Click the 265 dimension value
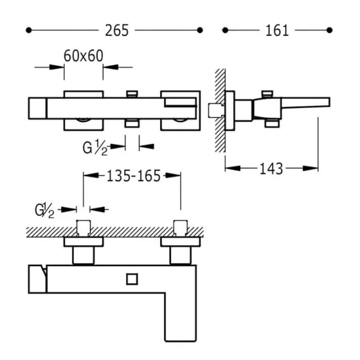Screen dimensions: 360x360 [117, 30]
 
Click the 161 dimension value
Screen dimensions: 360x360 [277, 30]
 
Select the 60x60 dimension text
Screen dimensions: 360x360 [83, 56]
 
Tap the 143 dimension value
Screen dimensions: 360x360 [271, 169]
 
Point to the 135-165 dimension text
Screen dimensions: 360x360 [133, 176]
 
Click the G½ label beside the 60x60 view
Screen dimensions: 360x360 [95, 148]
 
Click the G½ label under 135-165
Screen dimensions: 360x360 [44, 210]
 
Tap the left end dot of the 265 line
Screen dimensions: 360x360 [28, 30]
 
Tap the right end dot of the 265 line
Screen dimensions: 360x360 [200, 30]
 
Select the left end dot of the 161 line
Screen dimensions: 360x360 [225, 30]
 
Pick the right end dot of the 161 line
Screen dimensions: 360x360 [330, 30]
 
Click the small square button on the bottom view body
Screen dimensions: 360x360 [132, 279]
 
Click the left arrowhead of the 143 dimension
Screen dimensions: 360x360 [233, 168]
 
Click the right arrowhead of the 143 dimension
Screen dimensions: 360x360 [310, 168]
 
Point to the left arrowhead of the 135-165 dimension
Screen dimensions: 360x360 [91, 175]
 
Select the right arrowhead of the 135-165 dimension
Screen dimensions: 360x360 [173, 175]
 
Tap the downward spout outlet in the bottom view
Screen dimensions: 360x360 [181, 318]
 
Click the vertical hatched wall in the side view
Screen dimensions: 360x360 [220, 110]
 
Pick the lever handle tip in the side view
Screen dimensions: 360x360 [329, 102]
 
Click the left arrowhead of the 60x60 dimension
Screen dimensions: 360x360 [57, 67]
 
